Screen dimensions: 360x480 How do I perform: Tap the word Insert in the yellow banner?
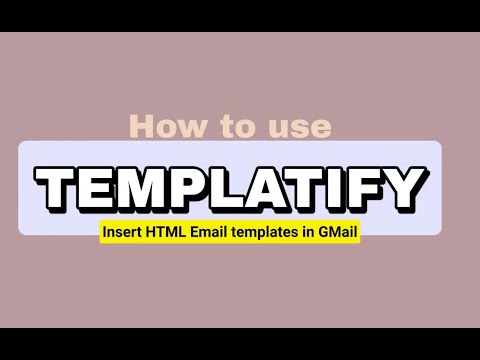[120, 232]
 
